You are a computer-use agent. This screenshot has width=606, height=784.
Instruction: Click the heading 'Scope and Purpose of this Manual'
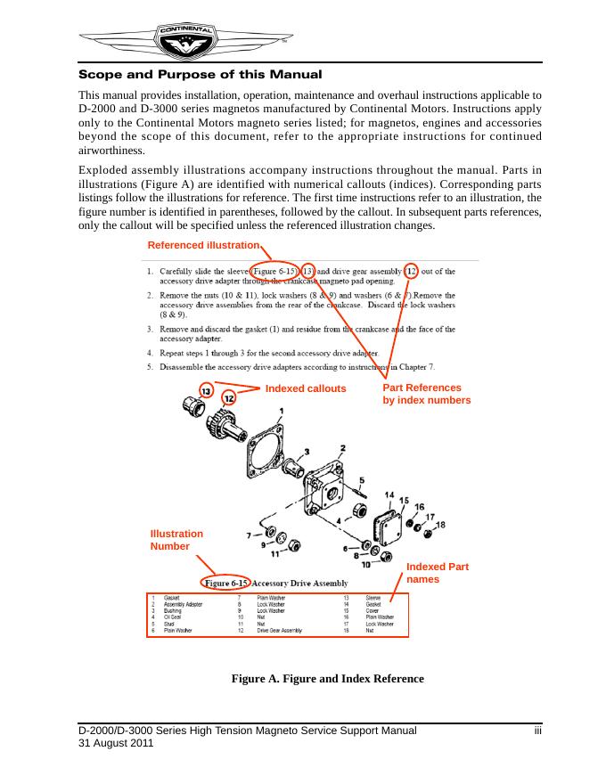(201, 75)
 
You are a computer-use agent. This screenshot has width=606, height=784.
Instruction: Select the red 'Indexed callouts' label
(305, 388)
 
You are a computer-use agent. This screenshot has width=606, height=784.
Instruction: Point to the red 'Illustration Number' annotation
(176, 540)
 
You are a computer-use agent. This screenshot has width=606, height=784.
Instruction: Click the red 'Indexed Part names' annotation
(437, 573)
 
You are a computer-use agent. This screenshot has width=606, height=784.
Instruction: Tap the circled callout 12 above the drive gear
(229, 397)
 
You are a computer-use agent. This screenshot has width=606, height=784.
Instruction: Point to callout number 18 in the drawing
(440, 525)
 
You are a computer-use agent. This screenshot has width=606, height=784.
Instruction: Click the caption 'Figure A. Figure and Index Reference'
(328, 679)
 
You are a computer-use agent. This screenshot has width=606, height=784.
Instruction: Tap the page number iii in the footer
(537, 731)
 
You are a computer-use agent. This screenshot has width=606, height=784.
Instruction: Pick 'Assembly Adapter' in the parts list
(184, 604)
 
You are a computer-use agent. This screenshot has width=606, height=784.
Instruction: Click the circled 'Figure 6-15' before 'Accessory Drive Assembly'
(226, 582)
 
